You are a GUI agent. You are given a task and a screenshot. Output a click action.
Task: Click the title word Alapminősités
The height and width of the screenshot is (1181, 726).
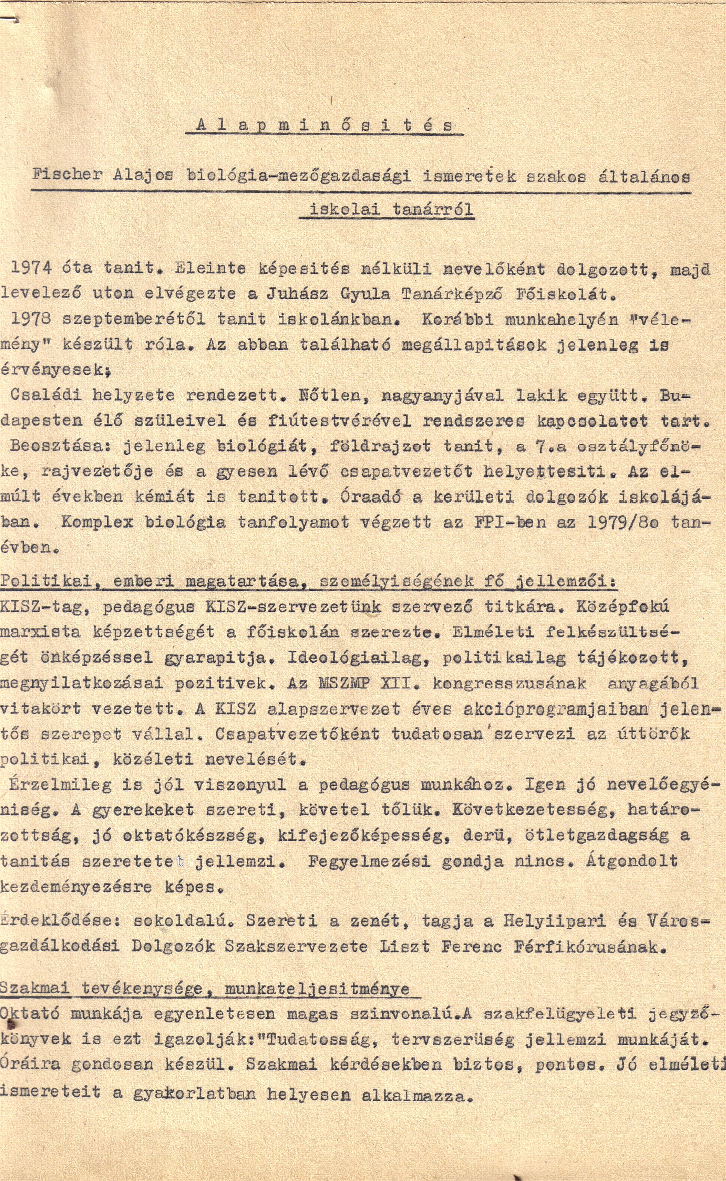pyautogui.click(x=324, y=126)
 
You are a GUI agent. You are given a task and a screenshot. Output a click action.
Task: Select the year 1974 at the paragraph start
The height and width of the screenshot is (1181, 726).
pyautogui.click(x=31, y=268)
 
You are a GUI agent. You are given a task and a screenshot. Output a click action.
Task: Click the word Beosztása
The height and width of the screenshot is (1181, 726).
pyautogui.click(x=61, y=446)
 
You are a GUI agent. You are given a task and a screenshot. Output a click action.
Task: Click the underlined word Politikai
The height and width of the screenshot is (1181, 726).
pyautogui.click(x=46, y=581)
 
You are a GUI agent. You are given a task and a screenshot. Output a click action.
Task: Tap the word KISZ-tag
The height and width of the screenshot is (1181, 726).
pyautogui.click(x=43, y=607)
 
